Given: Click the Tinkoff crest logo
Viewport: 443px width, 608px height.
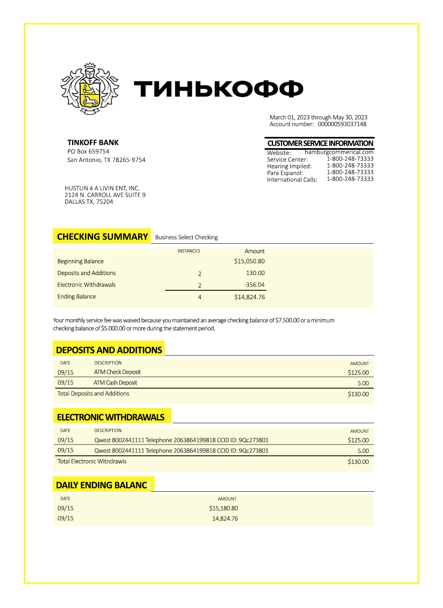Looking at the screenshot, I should (90, 89).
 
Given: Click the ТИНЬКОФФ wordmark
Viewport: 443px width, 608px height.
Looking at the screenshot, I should (218, 89).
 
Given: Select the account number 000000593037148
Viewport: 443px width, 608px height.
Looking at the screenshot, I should (342, 124).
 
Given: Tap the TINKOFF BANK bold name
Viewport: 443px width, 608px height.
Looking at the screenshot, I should (93, 143).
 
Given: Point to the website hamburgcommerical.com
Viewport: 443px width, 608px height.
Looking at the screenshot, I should (339, 152).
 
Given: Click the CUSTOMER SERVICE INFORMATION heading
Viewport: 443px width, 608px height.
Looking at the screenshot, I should (320, 143).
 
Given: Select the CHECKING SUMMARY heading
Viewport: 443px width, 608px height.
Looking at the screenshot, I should (102, 237).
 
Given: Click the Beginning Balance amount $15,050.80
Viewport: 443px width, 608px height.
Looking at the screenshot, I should (249, 261).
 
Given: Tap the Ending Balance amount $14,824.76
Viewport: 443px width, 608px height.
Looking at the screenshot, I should (249, 297).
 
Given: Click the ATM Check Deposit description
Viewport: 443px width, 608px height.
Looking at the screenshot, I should (117, 372).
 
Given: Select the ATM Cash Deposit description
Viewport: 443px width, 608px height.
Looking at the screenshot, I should (115, 383).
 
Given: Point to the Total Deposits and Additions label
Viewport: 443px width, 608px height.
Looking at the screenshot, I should (93, 393).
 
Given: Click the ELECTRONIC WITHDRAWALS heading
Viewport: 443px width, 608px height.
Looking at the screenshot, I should (111, 417).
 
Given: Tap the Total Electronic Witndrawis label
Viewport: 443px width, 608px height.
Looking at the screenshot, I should (92, 461).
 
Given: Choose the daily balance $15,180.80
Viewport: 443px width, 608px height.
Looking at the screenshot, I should (223, 509).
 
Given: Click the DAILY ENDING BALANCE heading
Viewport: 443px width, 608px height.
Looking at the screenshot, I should (104, 485).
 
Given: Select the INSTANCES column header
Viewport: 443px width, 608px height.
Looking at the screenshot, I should (188, 251).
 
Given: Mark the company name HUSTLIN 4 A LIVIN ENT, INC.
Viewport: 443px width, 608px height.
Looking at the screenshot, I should (102, 188).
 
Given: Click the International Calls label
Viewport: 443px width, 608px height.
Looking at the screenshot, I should (292, 180).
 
